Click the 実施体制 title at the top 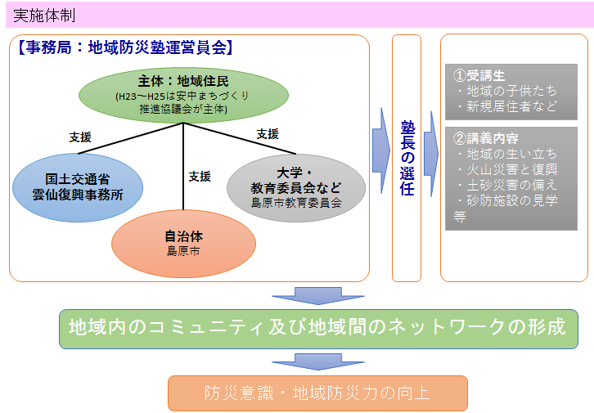[44, 16]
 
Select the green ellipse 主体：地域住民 [183, 95]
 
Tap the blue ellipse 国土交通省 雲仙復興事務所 [78, 187]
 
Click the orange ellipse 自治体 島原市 [183, 244]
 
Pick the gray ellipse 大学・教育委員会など [296, 188]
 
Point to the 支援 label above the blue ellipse [80, 137]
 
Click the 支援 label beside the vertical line [200, 177]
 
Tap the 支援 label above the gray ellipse [268, 133]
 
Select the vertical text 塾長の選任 [407, 158]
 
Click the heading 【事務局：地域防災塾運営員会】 [124, 47]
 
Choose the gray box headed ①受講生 [511, 92]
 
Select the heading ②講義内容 [486, 138]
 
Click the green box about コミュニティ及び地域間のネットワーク [318, 329]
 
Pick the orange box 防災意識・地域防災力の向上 [317, 393]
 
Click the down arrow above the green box [318, 296]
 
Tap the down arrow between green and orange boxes [318, 362]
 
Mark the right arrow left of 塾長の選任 [381, 150]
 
